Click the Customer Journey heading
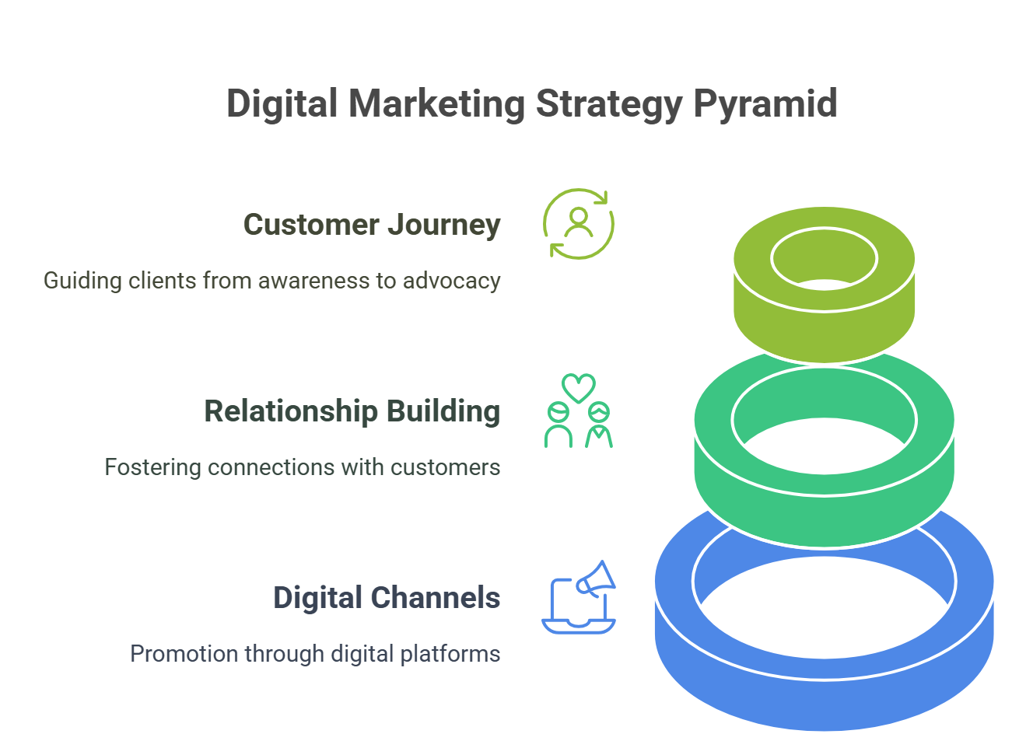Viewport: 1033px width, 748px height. pos(372,225)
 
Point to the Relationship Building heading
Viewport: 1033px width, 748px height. pos(352,411)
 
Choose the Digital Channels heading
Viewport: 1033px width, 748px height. pos(386,598)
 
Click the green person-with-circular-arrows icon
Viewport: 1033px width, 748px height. pos(579,224)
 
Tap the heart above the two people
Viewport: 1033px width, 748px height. pos(579,386)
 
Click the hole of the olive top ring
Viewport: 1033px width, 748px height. pos(825,260)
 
